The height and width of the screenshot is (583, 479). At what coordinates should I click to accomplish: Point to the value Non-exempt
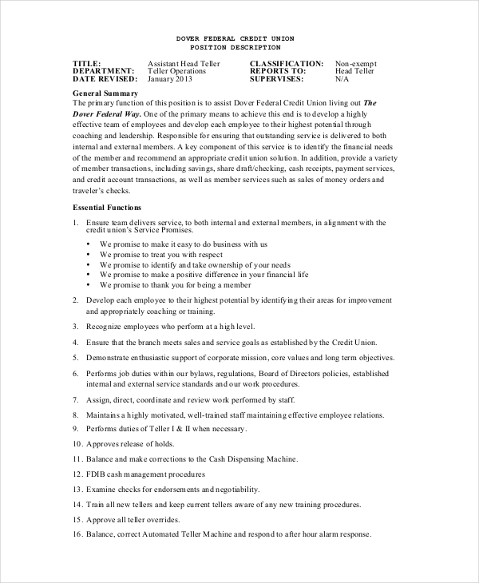click(x=356, y=63)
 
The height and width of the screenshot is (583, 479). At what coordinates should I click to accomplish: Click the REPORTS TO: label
click(x=278, y=71)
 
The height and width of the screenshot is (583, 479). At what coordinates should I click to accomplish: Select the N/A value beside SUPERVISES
click(x=342, y=79)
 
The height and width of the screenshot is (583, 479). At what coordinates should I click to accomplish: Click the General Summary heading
click(x=105, y=93)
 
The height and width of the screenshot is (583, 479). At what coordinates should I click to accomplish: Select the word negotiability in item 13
click(x=239, y=489)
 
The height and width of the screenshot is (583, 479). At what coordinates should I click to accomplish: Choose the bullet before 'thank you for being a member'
click(x=88, y=284)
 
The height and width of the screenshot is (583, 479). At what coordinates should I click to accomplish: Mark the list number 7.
click(x=76, y=398)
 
